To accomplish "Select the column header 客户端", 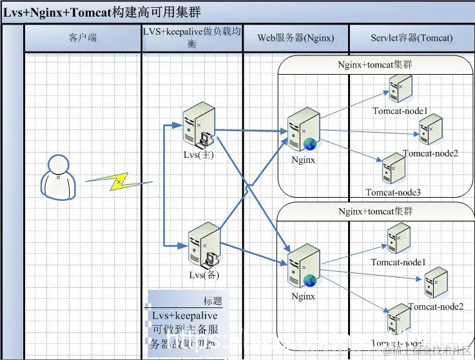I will pos(82,38).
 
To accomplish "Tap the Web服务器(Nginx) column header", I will pos(296,38).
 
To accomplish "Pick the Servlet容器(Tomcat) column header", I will pos(412,38).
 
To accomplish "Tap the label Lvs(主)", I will pos(198,155).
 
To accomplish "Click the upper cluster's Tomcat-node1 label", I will pos(400,111).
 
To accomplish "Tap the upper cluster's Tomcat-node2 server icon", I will pos(431,130).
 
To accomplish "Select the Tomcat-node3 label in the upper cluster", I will pos(393,192).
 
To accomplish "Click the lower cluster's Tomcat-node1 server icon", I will pos(398,238).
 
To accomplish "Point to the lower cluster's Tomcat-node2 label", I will pos(436,306).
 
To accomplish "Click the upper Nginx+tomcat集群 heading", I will pos(376,65).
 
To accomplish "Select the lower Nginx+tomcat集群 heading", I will pos(376,211).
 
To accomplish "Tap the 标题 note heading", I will pos(212,301).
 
